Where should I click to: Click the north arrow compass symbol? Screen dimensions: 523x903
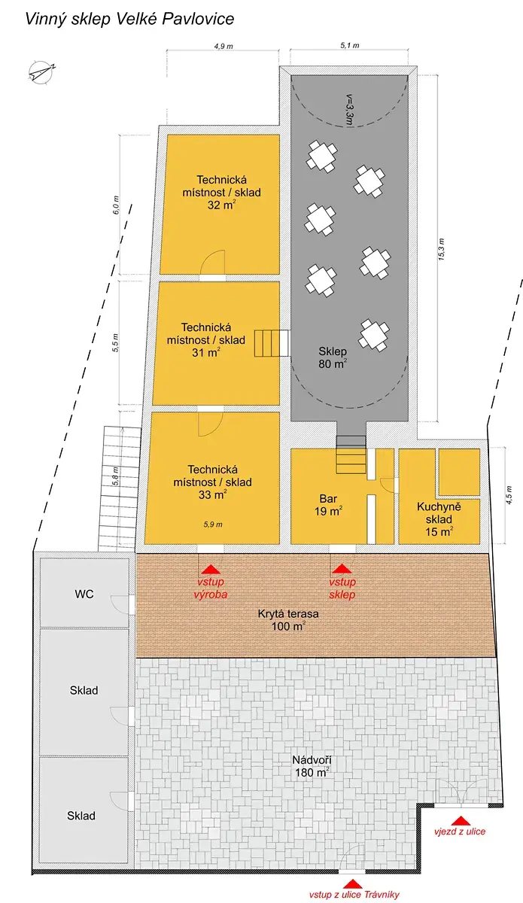41,72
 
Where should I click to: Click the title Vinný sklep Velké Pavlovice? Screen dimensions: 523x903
129,19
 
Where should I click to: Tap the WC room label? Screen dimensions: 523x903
84,594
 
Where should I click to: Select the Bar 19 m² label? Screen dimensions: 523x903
328,505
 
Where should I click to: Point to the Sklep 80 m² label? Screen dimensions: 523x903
333,357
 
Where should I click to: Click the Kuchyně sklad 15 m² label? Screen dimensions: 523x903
439,518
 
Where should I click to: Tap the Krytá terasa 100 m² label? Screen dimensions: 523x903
288,620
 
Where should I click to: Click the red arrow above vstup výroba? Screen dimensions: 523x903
211,569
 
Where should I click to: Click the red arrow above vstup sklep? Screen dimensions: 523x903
342,568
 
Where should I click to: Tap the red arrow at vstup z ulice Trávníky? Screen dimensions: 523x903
352,884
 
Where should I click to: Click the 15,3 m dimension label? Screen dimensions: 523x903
441,250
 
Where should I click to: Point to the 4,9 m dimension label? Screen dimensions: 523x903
223,47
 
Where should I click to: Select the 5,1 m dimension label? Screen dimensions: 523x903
350,46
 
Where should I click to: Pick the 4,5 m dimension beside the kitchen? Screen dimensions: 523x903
509,495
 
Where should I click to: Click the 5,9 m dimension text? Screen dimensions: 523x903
213,524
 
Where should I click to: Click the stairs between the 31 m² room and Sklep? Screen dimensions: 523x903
272,343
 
